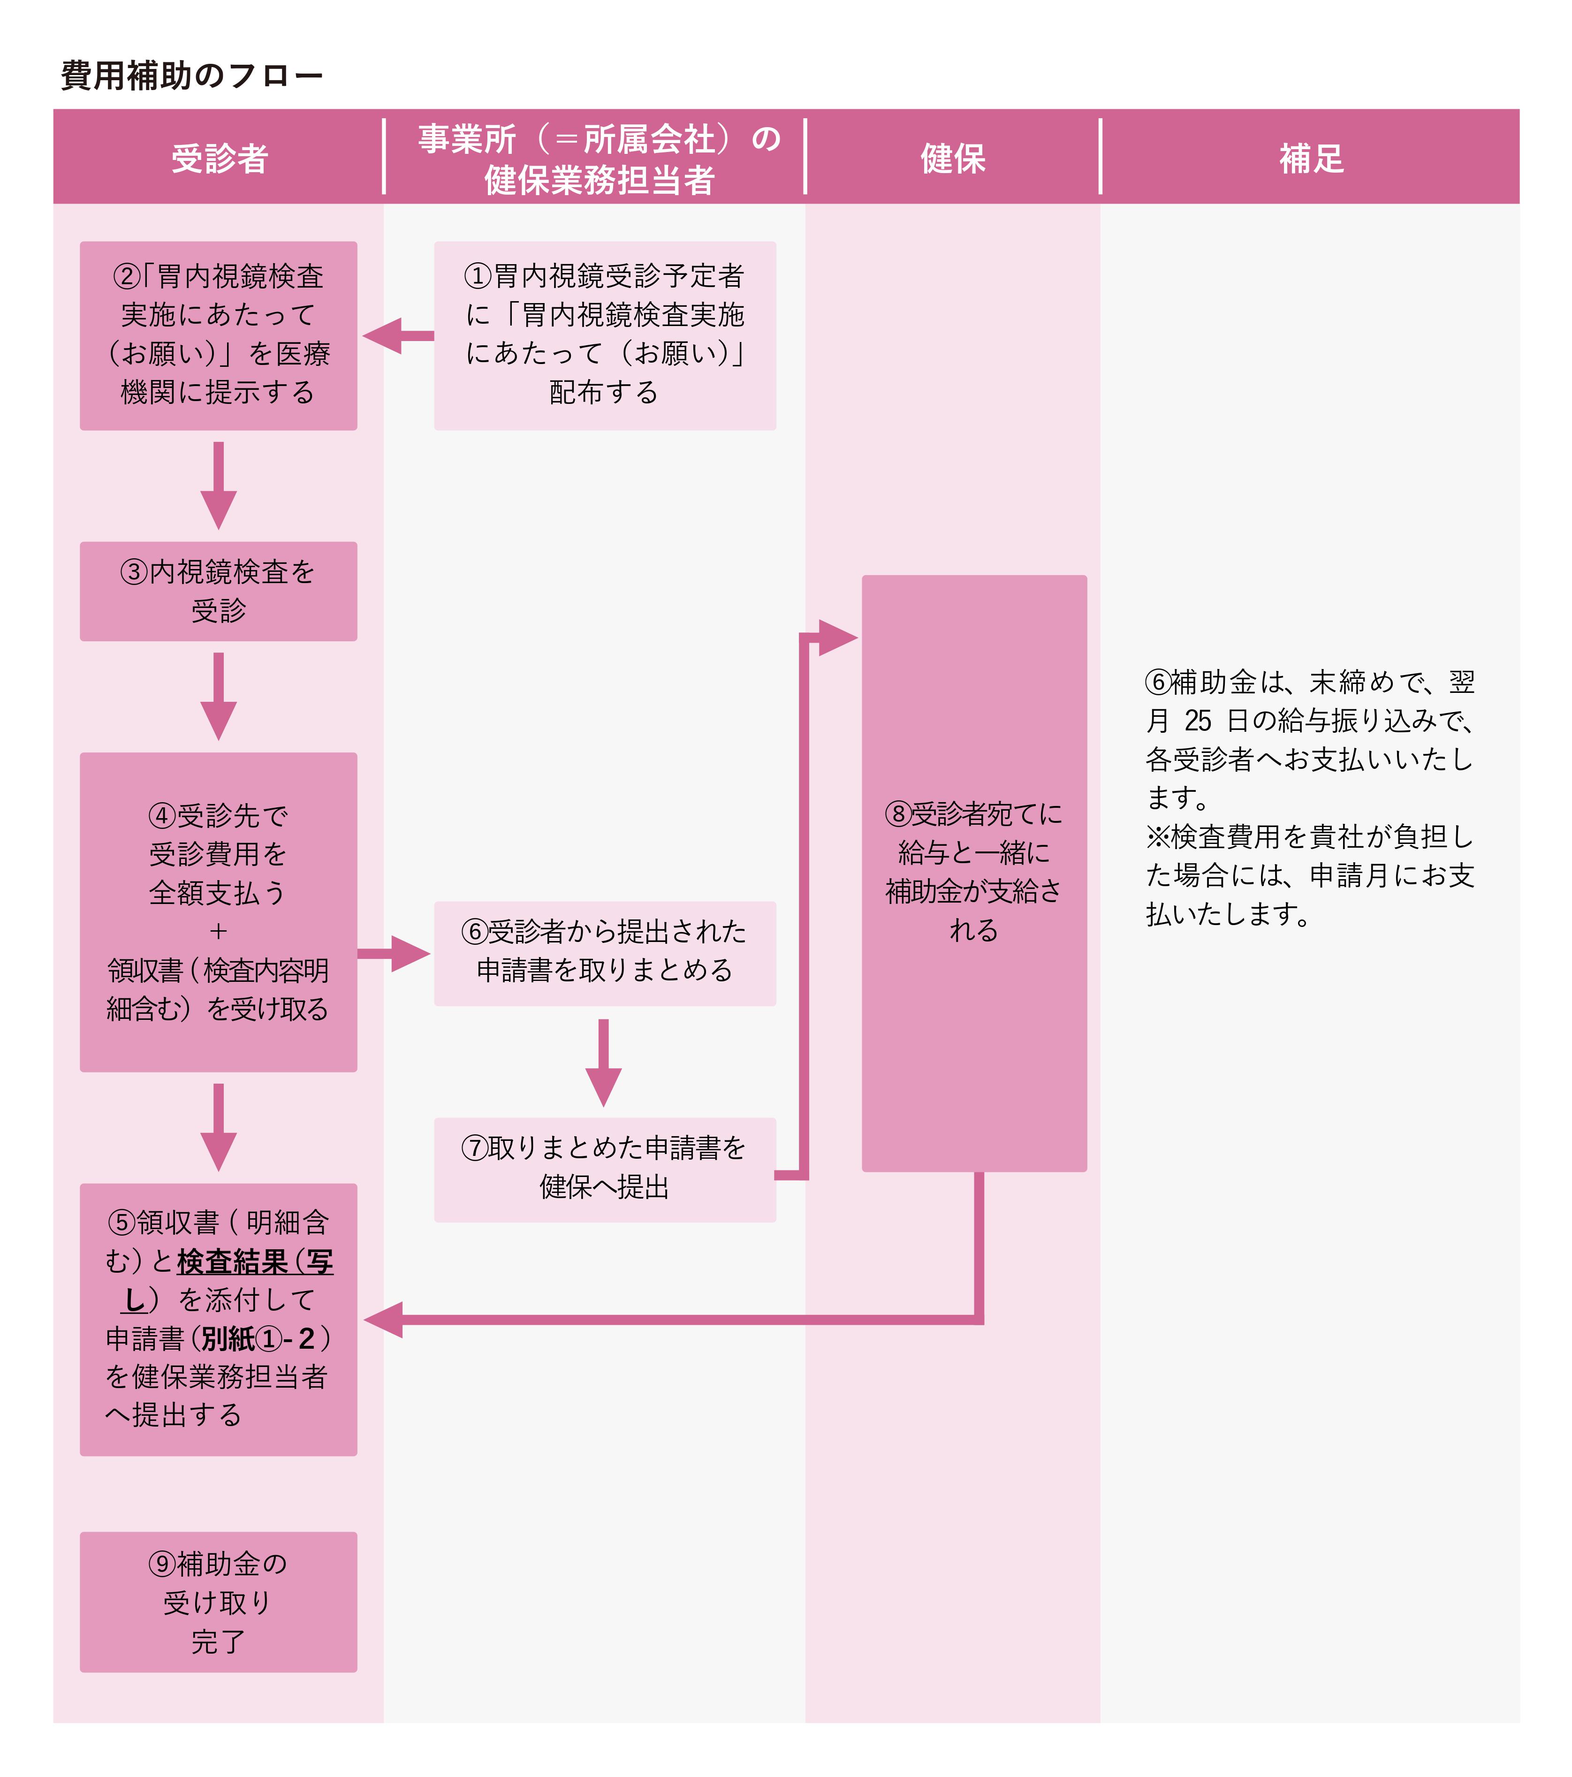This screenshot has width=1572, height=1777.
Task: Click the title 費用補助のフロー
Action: (191, 76)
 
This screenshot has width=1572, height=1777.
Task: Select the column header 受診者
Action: (219, 158)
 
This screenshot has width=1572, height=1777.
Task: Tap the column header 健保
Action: (953, 158)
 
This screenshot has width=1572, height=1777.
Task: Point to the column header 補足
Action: (1311, 158)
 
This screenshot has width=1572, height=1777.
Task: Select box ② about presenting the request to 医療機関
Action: (218, 335)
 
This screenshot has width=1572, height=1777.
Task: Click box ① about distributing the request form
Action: (605, 335)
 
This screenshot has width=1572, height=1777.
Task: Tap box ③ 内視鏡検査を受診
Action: (218, 591)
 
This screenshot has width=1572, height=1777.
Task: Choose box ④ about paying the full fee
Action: (218, 912)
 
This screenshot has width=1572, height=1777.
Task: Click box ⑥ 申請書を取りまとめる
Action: (605, 954)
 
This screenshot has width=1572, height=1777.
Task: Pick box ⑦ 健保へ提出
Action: (605, 1170)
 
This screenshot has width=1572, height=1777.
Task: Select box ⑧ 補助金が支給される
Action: (974, 873)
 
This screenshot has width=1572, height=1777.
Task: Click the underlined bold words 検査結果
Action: (232, 1261)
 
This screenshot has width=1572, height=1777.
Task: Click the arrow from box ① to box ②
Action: (398, 335)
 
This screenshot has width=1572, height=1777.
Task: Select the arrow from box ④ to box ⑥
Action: (394, 954)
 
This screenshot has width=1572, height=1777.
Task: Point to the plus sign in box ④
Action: (218, 931)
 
